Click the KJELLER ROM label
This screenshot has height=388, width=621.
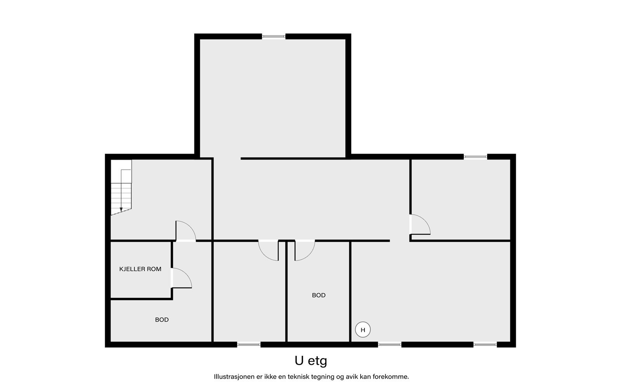tap(140, 269)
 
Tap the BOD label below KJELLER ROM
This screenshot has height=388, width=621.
tap(162, 320)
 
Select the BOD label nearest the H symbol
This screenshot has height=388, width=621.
tap(319, 295)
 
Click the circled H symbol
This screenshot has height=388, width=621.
tap(363, 330)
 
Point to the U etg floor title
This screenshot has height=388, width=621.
tap(311, 361)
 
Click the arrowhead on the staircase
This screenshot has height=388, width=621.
tap(121, 210)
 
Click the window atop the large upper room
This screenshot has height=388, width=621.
tap(274, 36)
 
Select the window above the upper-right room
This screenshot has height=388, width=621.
tap(475, 157)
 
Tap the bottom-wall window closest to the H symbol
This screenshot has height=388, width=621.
tap(390, 345)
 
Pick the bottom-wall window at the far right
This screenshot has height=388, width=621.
tap(485, 345)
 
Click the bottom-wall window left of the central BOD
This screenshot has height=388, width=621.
tap(249, 345)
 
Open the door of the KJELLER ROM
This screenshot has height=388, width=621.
tap(181, 278)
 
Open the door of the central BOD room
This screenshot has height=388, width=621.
tap(305, 251)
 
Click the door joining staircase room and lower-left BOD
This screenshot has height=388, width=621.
tap(186, 231)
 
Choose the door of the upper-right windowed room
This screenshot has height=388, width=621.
tap(420, 225)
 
